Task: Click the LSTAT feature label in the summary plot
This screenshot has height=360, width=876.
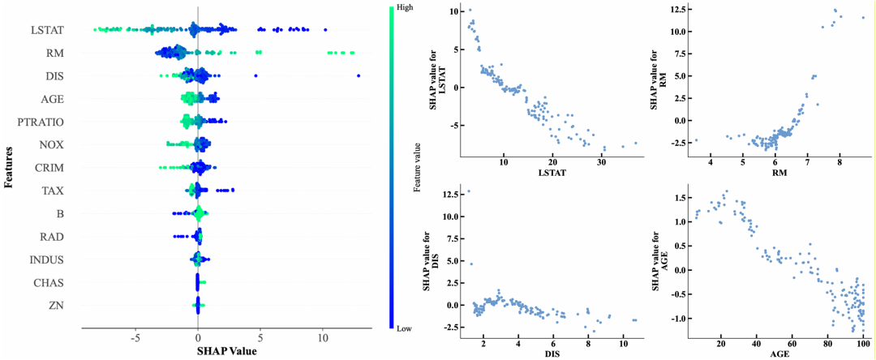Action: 47,31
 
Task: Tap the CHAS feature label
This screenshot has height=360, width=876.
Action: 49,283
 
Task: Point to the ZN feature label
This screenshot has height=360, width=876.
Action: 55,306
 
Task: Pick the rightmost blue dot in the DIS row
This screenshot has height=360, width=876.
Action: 359,75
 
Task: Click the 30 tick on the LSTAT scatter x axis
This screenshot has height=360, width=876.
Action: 601,162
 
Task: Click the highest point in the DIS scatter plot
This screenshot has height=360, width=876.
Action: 468,191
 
